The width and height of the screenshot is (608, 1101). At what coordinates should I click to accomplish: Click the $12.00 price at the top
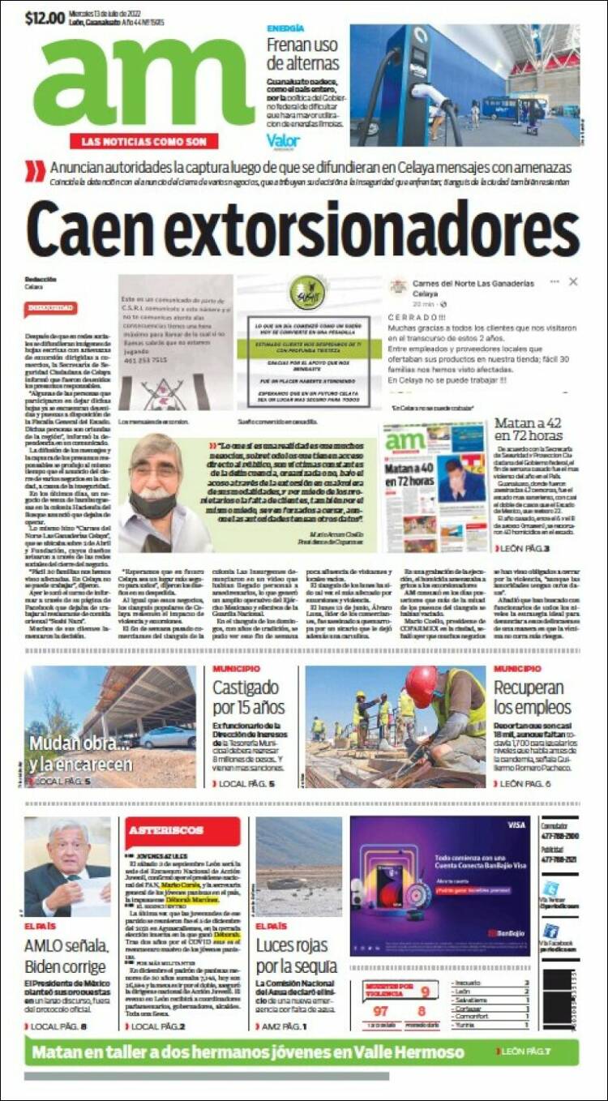click(x=45, y=17)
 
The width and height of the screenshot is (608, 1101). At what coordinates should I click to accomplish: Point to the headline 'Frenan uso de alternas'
click(x=302, y=54)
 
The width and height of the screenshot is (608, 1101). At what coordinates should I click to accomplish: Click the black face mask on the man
click(x=153, y=502)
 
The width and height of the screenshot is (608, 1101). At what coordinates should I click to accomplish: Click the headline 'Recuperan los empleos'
click(x=533, y=697)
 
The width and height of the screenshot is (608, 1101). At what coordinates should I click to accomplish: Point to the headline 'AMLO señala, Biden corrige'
click(x=65, y=956)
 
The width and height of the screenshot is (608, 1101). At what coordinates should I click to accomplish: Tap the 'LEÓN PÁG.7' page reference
click(x=525, y=1052)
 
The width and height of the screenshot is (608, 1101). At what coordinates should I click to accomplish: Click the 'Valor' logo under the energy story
click(x=283, y=141)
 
